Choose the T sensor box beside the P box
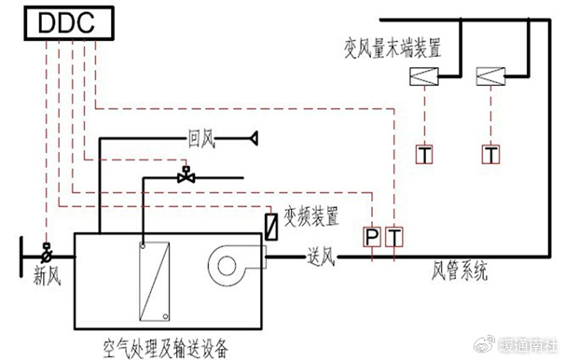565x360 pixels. tap(395, 239)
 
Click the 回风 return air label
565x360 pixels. tap(201, 142)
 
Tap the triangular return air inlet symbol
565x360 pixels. tap(251, 140)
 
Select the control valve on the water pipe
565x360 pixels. tap(187, 174)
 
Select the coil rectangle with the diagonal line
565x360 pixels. tap(154, 280)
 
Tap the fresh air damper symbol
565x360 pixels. tap(47, 251)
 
